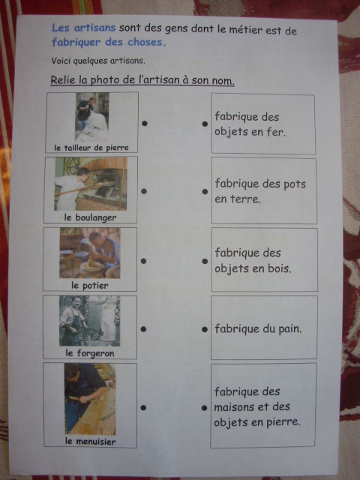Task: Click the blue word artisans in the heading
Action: pos(94,28)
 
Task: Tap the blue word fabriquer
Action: pos(76,42)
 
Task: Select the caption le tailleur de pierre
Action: pos(91,148)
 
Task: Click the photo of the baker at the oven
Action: pos(91,184)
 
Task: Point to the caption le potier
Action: pos(90,286)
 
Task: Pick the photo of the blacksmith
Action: pos(90,321)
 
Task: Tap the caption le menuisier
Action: pos(90,442)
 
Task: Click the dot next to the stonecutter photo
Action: pos(145,123)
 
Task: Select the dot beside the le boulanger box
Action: pos(144,191)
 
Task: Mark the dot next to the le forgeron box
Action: pos(143,329)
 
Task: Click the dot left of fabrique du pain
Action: pos(205,329)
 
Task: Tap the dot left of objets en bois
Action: pos(205,262)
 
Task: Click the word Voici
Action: pos(60,61)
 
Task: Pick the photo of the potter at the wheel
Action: pos(90,253)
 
